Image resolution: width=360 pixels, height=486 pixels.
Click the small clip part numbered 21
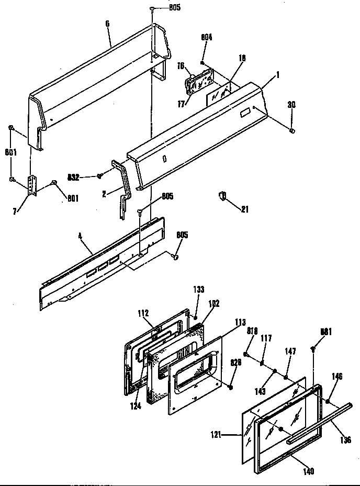click(x=222, y=196)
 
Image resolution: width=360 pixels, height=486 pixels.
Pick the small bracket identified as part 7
click(x=33, y=185)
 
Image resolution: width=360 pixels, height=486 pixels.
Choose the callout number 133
click(x=199, y=289)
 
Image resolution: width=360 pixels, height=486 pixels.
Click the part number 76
click(x=181, y=66)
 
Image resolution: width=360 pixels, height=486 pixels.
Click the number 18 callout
click(x=241, y=59)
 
